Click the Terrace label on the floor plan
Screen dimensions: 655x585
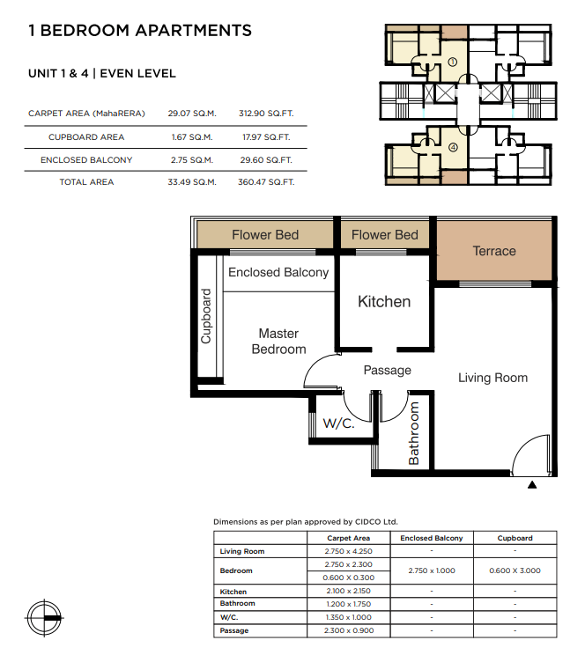(493, 251)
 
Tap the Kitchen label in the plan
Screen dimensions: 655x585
(383, 301)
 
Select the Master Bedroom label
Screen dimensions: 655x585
(278, 342)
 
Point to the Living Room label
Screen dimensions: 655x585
(492, 378)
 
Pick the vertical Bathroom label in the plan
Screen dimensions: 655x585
(414, 433)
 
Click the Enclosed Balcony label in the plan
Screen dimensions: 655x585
(278, 272)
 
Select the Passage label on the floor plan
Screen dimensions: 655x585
(387, 371)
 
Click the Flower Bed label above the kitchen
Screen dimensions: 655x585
(384, 235)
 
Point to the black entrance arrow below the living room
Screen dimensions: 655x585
(531, 484)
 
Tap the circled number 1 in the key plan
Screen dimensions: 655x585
(452, 63)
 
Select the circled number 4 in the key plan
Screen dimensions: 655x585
(452, 148)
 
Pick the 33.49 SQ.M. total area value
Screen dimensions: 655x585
(194, 182)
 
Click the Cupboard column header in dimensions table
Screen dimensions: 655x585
(515, 538)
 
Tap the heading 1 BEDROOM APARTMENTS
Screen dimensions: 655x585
(140, 31)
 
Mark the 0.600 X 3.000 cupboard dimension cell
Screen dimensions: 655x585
(515, 570)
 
